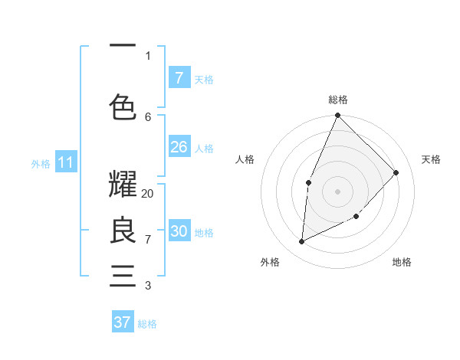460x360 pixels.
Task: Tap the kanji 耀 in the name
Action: [x=123, y=185]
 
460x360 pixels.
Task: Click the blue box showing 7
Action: [x=179, y=77]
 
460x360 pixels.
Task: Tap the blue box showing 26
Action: [x=179, y=147]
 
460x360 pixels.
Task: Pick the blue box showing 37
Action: [x=123, y=322]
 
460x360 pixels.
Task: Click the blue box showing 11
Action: [x=66, y=162]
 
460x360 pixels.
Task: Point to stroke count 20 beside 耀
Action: [x=148, y=194]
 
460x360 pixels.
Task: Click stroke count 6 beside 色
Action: [x=148, y=116]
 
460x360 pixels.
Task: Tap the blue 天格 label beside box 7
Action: [x=204, y=79]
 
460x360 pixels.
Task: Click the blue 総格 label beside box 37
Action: [x=147, y=324]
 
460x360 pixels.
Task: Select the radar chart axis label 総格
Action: [x=337, y=100]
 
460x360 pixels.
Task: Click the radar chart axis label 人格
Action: [x=245, y=159]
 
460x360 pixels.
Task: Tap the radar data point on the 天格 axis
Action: [x=396, y=172]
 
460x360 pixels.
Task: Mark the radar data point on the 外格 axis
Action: [x=302, y=241]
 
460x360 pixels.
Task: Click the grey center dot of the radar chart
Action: [x=337, y=191]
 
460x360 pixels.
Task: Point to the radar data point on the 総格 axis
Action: [x=337, y=116]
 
